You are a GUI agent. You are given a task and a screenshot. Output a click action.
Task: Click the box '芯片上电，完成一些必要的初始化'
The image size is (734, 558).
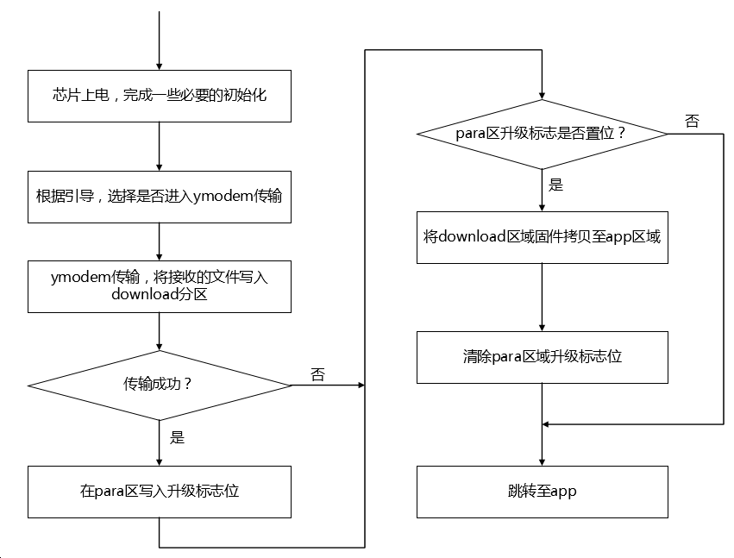click(x=160, y=96)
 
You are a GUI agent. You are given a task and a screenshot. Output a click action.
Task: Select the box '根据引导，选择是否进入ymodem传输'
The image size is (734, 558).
click(x=160, y=195)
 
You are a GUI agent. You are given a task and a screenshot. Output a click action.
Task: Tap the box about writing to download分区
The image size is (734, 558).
click(x=160, y=285)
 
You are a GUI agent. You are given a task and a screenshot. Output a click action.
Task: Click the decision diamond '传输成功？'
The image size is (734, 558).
click(x=160, y=385)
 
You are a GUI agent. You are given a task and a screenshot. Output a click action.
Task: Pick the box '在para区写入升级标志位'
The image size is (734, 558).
click(x=160, y=492)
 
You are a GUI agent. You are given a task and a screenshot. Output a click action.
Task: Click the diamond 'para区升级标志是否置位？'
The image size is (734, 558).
click(x=542, y=134)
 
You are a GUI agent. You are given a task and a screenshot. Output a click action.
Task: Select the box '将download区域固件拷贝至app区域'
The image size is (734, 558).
click(x=542, y=236)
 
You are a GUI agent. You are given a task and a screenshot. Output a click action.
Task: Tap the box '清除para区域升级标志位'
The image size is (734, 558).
click(x=542, y=356)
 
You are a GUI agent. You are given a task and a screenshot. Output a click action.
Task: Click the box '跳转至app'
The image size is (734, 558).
click(x=542, y=492)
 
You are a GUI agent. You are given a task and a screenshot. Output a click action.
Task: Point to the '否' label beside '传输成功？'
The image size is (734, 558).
click(x=317, y=374)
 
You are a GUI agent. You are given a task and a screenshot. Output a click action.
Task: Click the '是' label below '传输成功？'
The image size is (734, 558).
click(x=177, y=438)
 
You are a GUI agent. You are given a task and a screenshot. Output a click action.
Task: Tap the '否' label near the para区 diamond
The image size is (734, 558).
click(x=692, y=122)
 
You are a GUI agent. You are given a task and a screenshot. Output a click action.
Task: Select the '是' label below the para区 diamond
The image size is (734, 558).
click(x=556, y=185)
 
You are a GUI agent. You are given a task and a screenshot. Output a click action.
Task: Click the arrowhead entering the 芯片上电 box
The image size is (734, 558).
click(x=160, y=66)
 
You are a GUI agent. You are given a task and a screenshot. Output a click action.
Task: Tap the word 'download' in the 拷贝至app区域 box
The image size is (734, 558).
click(x=469, y=236)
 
